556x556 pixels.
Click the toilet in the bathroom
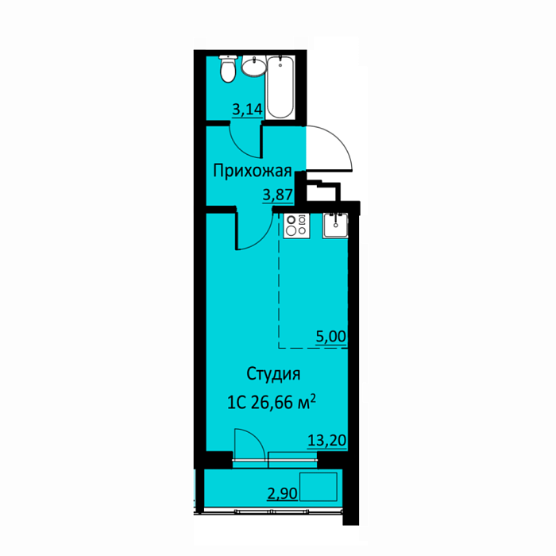[x=227, y=68]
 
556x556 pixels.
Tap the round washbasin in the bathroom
[x=253, y=66]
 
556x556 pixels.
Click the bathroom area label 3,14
[x=248, y=110]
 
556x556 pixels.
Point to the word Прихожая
[x=252, y=172]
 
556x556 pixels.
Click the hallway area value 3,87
[x=278, y=195]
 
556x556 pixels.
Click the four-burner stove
[x=296, y=226]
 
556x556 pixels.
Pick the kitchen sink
[x=335, y=226]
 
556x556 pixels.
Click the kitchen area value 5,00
[x=331, y=336]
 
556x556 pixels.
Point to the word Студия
[x=273, y=374]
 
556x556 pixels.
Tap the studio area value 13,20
[x=326, y=441]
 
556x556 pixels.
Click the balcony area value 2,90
[x=282, y=493]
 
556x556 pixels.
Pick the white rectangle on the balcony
[x=318, y=486]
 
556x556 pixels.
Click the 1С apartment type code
[x=236, y=403]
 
